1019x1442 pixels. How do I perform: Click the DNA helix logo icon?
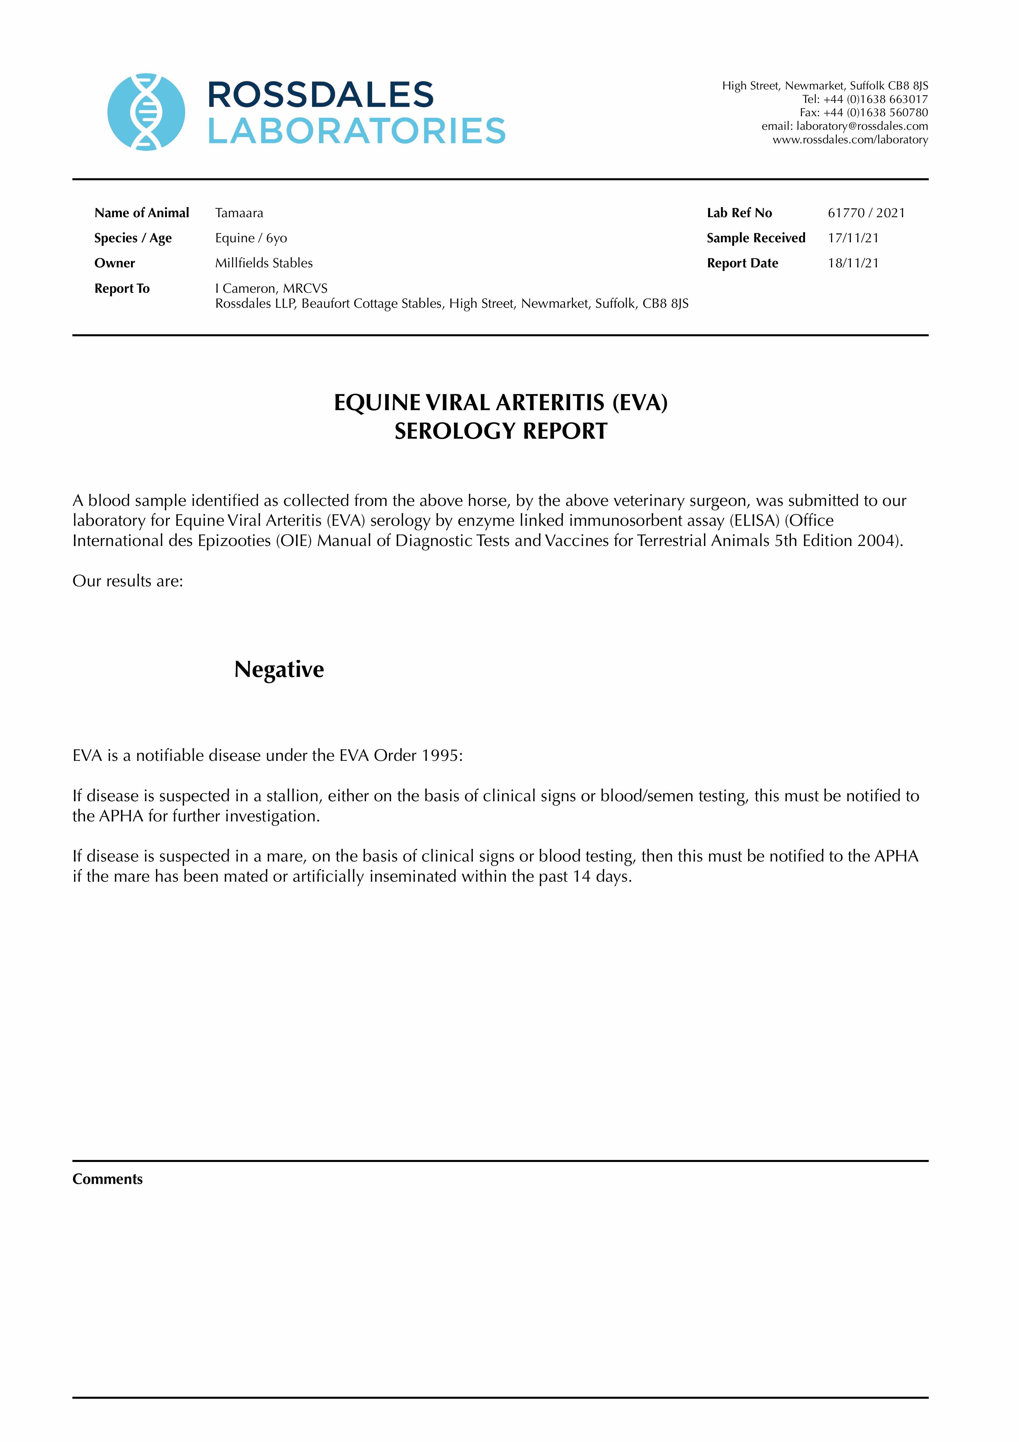click(x=147, y=112)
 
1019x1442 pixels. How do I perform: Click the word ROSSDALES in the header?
click(x=320, y=95)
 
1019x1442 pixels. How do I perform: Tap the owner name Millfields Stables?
click(x=264, y=263)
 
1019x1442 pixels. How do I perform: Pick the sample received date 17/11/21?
click(x=853, y=238)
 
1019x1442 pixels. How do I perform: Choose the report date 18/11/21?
click(x=853, y=263)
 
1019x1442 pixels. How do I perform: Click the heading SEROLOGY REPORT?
click(x=501, y=431)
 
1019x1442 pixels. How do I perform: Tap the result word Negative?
click(x=279, y=669)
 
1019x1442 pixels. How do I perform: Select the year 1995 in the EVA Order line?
click(x=440, y=756)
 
